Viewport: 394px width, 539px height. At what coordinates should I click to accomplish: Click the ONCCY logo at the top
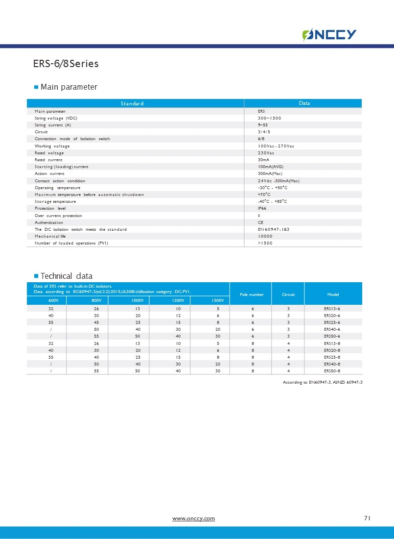click(329, 34)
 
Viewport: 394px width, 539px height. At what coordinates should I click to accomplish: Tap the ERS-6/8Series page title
click(66, 64)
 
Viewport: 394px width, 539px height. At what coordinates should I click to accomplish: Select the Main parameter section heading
click(69, 87)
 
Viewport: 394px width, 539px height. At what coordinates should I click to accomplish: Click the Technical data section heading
click(66, 276)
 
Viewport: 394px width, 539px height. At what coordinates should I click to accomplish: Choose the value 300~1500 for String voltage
click(269, 118)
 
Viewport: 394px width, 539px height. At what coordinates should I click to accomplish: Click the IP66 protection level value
click(262, 208)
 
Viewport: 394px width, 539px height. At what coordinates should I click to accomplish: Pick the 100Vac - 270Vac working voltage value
click(276, 146)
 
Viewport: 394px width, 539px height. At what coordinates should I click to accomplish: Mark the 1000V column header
click(138, 300)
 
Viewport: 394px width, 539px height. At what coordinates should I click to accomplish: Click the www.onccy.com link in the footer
click(193, 518)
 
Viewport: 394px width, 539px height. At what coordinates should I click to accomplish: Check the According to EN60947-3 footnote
click(323, 382)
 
